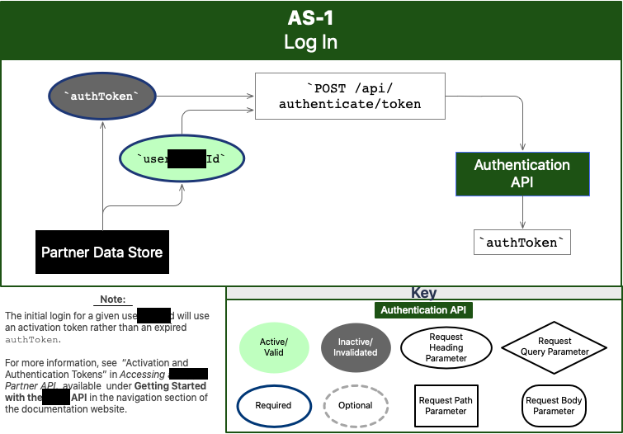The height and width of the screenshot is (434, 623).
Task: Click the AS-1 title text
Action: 311,18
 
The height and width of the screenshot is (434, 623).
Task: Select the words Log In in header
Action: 311,42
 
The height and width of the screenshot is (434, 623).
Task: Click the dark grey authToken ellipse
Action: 101,97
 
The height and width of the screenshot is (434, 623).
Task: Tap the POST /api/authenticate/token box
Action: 350,97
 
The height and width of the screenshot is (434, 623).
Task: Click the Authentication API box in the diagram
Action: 522,173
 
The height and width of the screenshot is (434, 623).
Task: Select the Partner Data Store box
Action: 102,252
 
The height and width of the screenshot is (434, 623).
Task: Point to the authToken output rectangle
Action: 523,242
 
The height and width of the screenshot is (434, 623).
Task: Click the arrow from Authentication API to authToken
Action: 522,213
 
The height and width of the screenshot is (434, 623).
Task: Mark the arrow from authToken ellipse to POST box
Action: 202,97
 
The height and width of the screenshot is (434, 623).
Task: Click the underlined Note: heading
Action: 113,300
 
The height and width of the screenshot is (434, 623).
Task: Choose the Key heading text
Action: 424,293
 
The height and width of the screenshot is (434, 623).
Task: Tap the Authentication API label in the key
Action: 424,310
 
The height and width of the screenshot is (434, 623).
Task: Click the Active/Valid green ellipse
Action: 273,347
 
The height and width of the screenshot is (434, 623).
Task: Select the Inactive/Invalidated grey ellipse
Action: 356,347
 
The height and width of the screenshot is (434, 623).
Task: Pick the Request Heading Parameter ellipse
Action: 446,347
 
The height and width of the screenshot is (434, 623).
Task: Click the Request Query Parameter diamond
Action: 555,347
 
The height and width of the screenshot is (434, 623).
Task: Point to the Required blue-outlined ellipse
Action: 273,405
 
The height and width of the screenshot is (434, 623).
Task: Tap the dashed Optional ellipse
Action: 356,405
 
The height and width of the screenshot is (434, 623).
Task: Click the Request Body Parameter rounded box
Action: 554,405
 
